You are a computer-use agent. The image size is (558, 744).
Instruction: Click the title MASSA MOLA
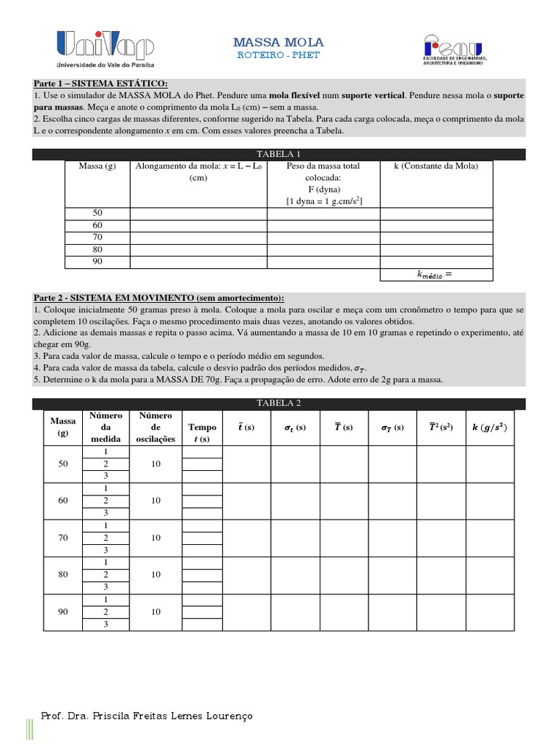[x=278, y=42]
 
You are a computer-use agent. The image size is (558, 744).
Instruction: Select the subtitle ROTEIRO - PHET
[x=278, y=55]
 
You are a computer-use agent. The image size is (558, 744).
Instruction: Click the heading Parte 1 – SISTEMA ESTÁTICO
[x=100, y=84]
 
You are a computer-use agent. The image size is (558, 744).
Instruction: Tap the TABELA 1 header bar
[x=279, y=154]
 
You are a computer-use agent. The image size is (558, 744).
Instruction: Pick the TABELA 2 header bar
[x=279, y=403]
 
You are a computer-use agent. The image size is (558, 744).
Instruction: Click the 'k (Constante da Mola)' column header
[x=436, y=166]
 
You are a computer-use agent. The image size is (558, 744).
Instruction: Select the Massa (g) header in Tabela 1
[x=97, y=166]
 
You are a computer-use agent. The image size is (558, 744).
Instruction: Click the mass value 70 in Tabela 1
[x=97, y=237]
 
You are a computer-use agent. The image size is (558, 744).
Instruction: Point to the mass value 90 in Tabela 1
[x=97, y=262]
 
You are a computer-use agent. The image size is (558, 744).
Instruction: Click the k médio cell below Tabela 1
[x=436, y=275]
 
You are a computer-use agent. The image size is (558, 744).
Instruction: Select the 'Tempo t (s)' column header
[x=201, y=433]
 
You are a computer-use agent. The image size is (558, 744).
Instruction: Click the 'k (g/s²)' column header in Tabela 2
[x=489, y=427]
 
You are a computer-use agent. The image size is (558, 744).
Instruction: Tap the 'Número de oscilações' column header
[x=155, y=427]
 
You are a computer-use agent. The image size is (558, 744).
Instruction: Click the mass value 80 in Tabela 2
[x=63, y=574]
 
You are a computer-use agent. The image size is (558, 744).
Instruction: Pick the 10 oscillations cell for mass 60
[x=155, y=501]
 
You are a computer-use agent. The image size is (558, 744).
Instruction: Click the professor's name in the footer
[x=147, y=716]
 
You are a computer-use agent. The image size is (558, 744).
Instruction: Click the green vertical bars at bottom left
[x=30, y=729]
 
